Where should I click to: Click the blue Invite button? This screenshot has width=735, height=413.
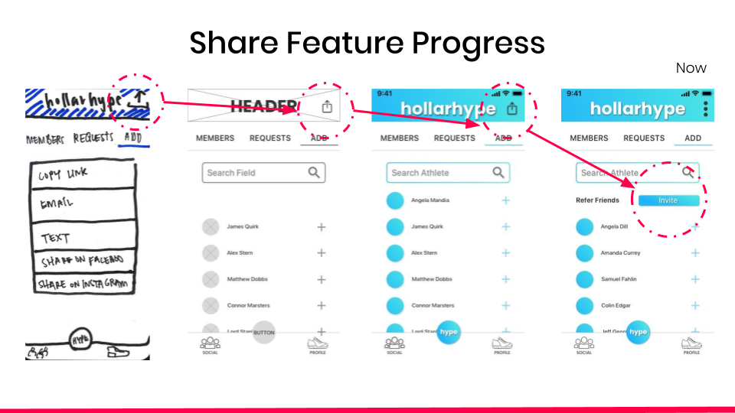point(668,200)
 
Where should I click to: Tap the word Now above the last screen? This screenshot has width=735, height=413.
point(691,68)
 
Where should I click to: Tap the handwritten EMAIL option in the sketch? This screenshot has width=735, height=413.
point(57,204)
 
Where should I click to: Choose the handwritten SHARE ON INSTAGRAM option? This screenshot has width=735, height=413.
point(84,284)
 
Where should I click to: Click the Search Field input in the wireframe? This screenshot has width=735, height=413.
point(253,173)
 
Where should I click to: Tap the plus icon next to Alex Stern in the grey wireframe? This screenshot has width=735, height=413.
point(322,253)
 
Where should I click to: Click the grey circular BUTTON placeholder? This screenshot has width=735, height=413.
point(263,333)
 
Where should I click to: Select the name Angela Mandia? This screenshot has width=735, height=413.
point(430,200)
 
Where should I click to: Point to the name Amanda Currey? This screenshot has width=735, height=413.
point(620,253)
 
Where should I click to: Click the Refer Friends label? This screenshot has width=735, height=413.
point(597,200)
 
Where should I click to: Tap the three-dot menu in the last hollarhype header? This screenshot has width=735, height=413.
point(705,109)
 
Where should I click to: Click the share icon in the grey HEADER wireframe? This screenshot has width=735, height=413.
point(327,108)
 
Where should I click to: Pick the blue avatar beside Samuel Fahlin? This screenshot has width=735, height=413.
point(585,279)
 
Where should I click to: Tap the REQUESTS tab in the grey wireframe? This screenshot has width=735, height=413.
point(269,138)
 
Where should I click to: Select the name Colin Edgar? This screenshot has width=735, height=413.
point(616,306)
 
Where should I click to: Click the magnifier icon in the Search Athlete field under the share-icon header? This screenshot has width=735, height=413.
point(498,173)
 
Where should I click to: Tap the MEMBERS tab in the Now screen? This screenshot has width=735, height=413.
point(589,138)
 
